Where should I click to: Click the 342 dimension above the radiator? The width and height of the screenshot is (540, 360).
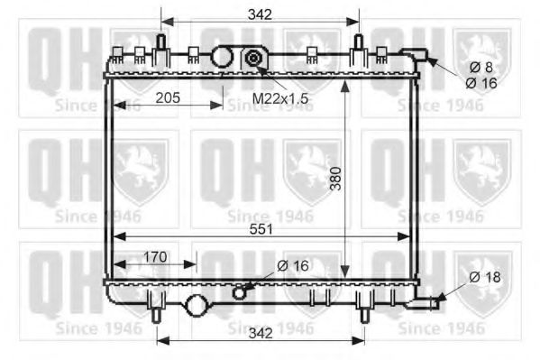click(260, 13)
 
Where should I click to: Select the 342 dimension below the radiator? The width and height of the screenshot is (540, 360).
click(260, 333)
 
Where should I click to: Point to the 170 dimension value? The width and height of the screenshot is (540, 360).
click(156, 257)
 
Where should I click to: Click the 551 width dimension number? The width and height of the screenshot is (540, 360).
click(260, 230)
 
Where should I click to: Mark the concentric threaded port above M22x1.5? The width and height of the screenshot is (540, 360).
click(254, 60)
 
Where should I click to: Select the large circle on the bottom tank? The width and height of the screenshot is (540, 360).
click(196, 306)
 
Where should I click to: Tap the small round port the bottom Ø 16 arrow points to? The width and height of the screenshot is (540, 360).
click(239, 291)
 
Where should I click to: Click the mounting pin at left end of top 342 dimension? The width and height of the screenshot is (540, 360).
click(160, 43)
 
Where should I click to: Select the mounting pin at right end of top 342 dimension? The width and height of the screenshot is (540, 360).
click(359, 43)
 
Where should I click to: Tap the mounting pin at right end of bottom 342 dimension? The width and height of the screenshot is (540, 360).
click(365, 312)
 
